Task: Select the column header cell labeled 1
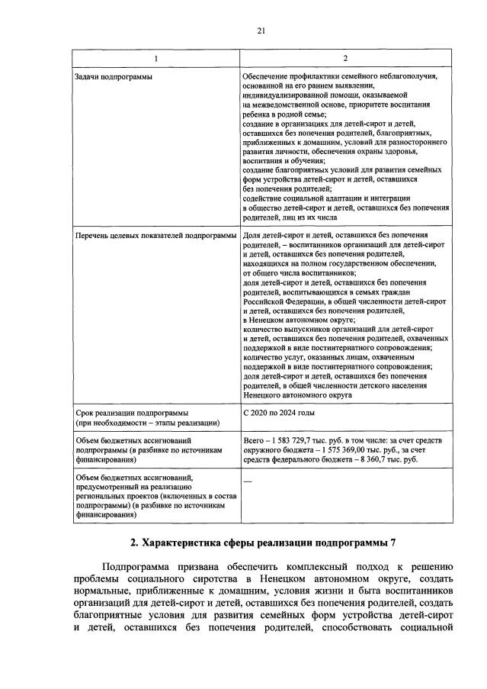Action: pos(156,59)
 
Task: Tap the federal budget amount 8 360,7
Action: pos(382,460)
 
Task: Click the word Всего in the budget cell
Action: pos(252,440)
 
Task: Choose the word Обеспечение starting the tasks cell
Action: pos(264,77)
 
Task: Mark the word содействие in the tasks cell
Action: pos(263,196)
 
